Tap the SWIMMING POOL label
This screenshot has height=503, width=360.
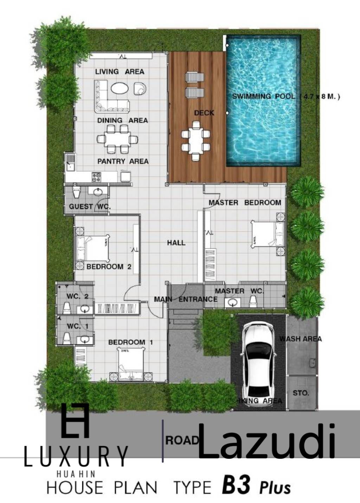[263, 96]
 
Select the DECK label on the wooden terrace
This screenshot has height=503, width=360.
[204, 113]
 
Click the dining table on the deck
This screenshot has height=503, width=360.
[195, 141]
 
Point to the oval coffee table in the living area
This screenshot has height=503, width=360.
[120, 88]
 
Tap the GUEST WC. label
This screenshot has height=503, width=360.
[90, 207]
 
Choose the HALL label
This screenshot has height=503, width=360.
[176, 243]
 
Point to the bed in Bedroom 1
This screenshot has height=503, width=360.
[131, 364]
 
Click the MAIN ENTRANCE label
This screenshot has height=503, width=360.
[186, 299]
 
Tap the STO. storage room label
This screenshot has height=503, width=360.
[301, 393]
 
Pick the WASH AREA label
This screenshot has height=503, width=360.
[301, 339]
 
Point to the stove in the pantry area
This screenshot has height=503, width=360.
[96, 176]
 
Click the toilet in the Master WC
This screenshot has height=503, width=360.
[252, 301]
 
